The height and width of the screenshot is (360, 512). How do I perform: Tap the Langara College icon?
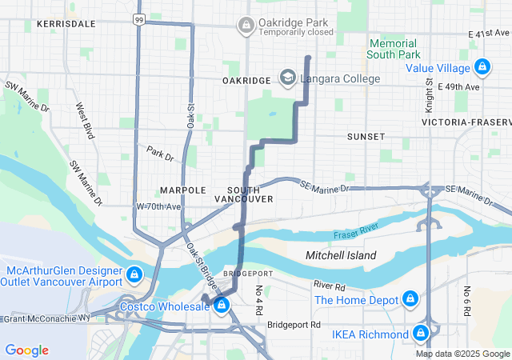(x=286, y=77)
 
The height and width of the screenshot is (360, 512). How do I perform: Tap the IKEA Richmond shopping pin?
(x=421, y=333)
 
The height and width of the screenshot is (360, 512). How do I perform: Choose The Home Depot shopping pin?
(x=410, y=299)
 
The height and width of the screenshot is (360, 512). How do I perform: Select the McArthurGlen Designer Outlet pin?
(x=134, y=276)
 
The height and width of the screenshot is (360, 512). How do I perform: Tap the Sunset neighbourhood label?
(x=366, y=137)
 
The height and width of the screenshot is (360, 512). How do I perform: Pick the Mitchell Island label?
(x=341, y=255)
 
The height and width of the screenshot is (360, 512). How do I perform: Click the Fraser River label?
(x=354, y=234)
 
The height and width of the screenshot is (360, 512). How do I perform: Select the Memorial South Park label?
(x=393, y=49)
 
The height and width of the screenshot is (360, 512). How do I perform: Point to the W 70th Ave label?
(x=158, y=206)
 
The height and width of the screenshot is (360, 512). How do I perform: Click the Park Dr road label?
(x=159, y=151)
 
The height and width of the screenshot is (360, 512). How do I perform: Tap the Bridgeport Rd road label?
(x=293, y=325)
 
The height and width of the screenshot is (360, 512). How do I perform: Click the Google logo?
(x=26, y=350)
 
